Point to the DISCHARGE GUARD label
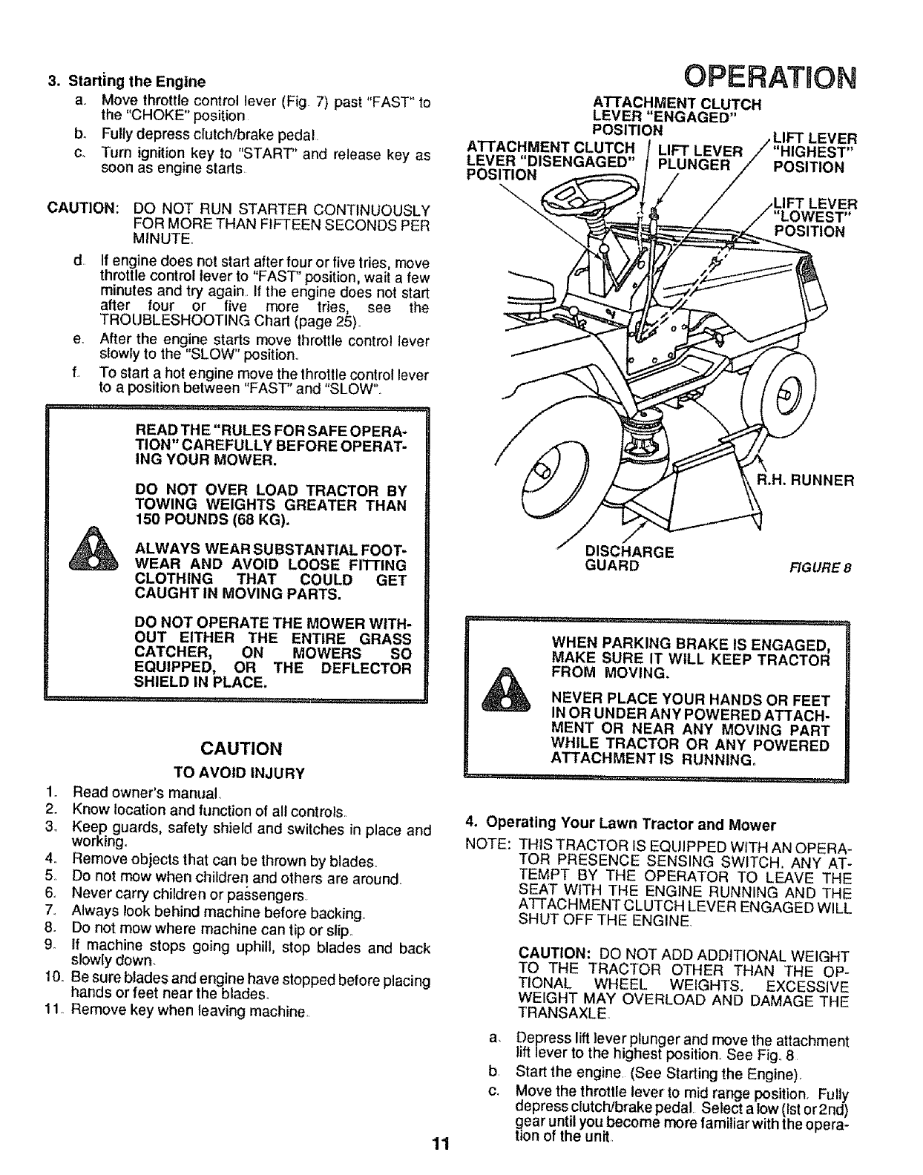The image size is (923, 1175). tap(629, 559)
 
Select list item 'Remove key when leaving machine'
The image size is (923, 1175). tap(188, 1011)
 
